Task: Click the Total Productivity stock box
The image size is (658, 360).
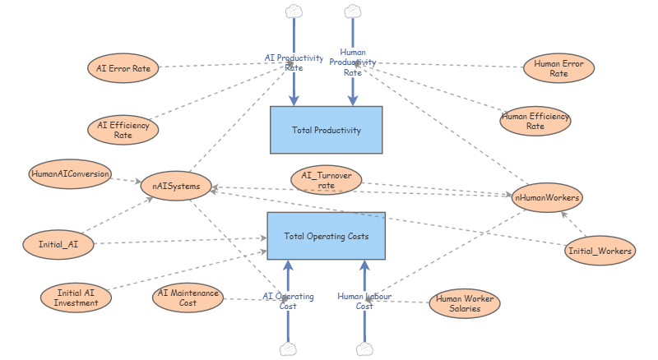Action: [326, 130]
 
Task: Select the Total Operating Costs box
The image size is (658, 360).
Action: [326, 237]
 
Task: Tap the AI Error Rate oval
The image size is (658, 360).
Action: [123, 69]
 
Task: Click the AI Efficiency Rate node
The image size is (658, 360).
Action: [123, 130]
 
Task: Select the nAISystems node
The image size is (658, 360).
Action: [177, 186]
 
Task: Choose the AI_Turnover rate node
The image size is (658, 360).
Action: [326, 180]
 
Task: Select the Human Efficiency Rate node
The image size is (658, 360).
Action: [535, 122]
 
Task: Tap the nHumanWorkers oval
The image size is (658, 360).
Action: [548, 198]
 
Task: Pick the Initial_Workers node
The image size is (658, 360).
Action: [600, 252]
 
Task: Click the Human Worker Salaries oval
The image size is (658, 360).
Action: [466, 304]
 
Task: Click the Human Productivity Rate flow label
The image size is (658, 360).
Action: [353, 62]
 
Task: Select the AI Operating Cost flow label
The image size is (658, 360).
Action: [288, 300]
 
